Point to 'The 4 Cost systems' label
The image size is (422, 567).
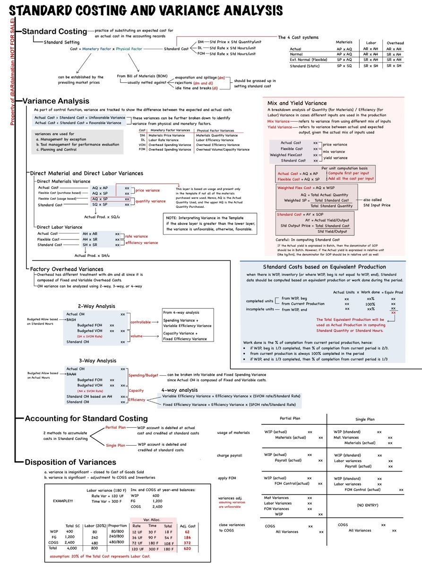click(298, 37)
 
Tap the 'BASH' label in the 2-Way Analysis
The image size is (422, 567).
click(72, 319)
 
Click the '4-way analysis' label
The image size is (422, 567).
click(179, 390)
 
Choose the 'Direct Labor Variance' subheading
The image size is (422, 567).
click(60, 227)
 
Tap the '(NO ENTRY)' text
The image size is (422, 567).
click(366, 504)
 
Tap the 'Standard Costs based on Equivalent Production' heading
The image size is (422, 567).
click(324, 267)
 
